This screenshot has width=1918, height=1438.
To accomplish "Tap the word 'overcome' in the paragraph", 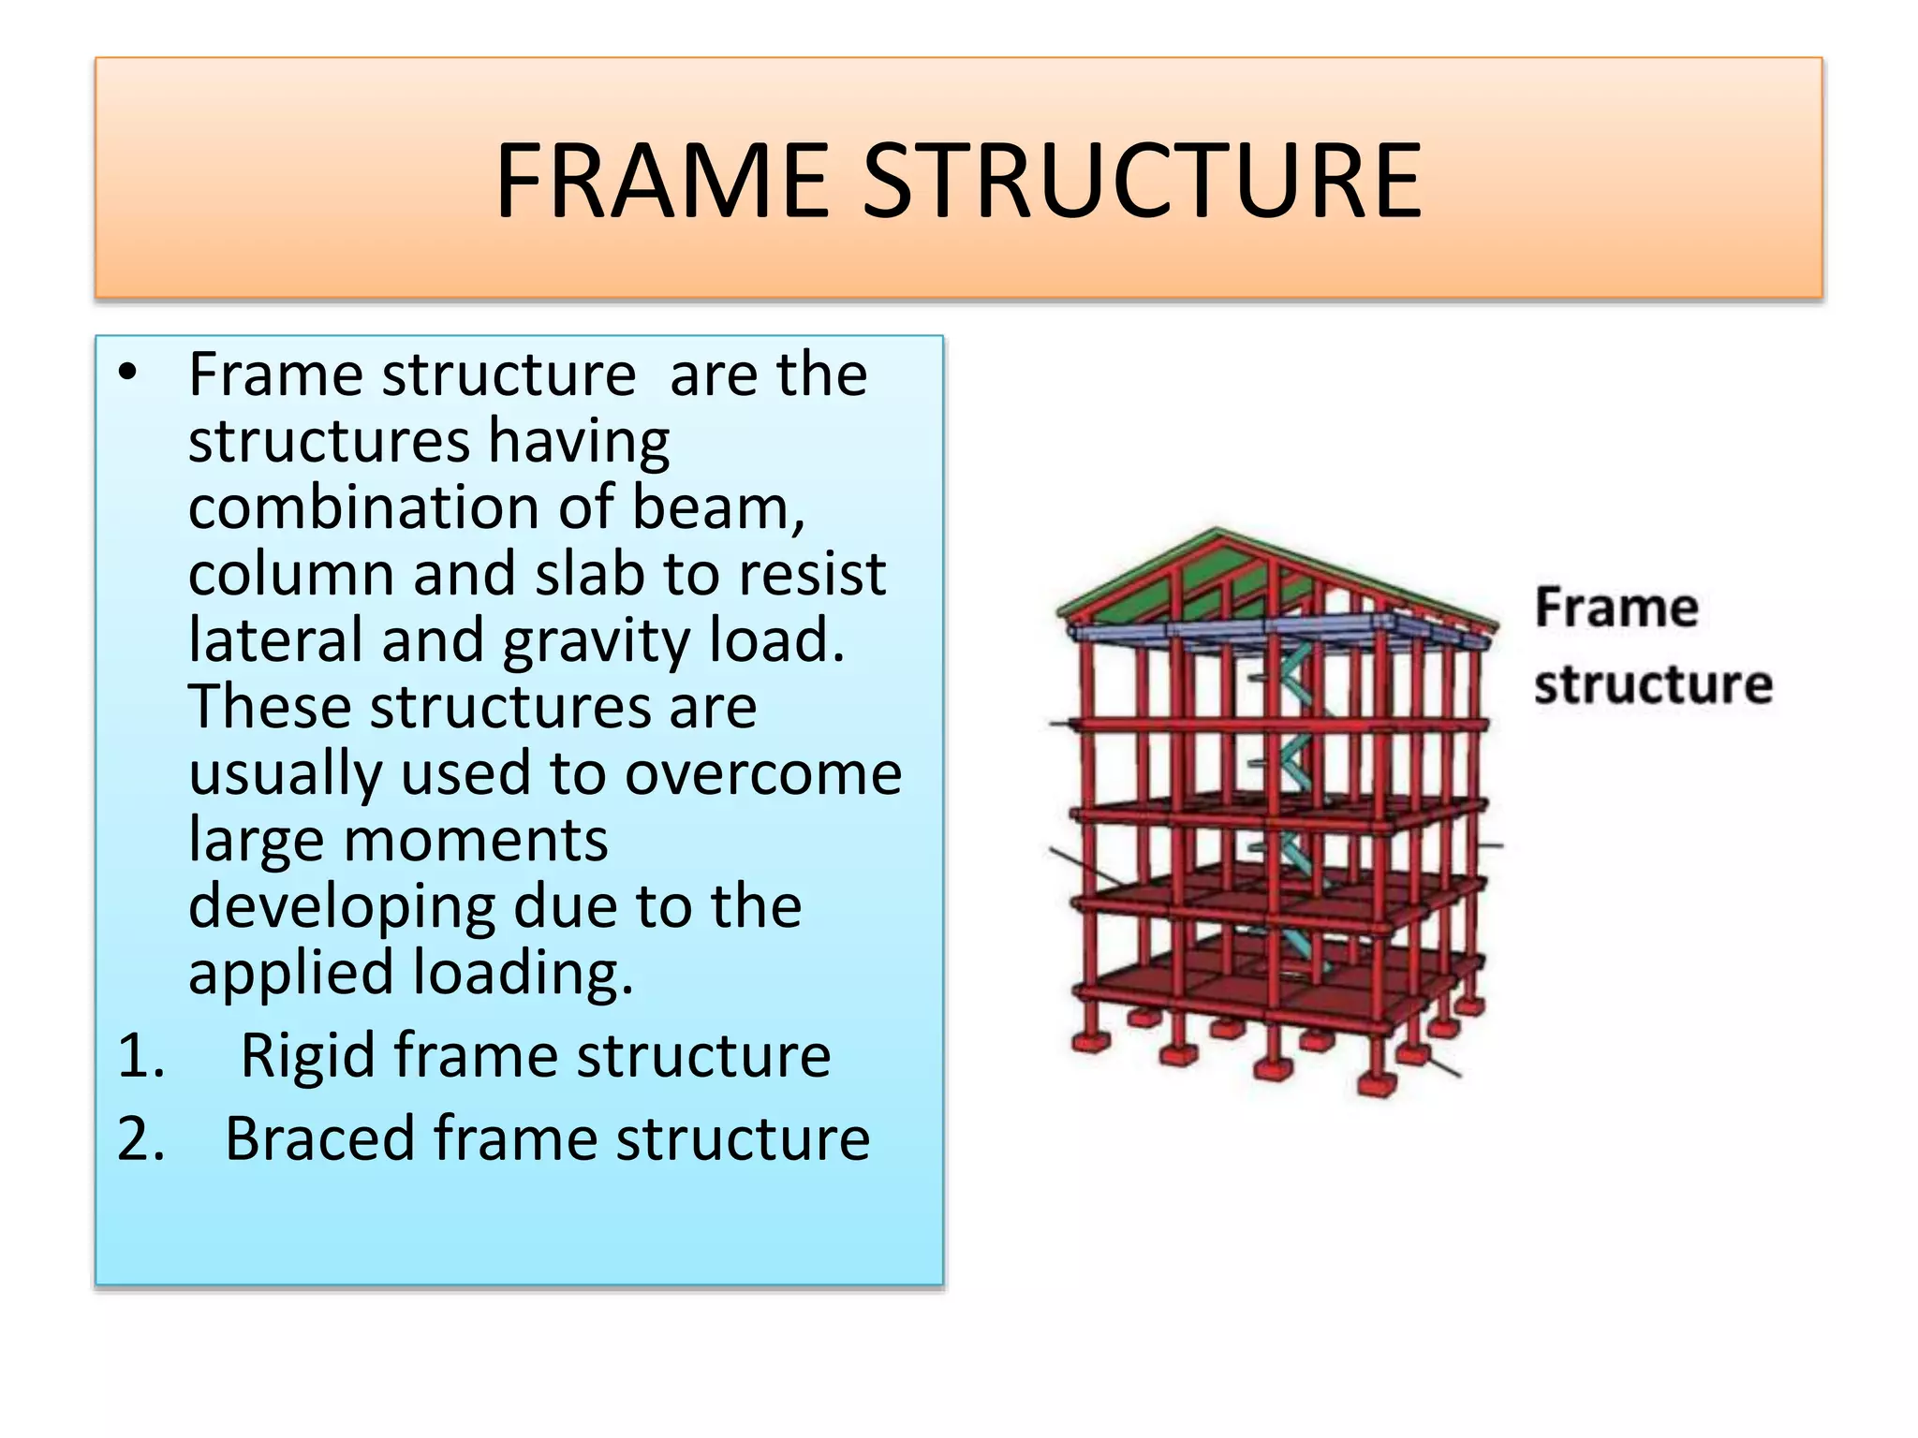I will click(x=762, y=773).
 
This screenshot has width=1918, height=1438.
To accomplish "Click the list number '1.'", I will click(x=141, y=1056).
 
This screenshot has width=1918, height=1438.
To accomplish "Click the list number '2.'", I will click(x=141, y=1139).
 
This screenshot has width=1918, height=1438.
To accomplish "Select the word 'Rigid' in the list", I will click(x=307, y=1056).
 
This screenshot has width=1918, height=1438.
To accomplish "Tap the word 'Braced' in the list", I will click(x=319, y=1139).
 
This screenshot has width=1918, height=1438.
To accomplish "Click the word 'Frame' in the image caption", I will click(x=1616, y=608).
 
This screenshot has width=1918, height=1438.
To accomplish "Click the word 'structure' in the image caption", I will click(x=1653, y=684).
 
